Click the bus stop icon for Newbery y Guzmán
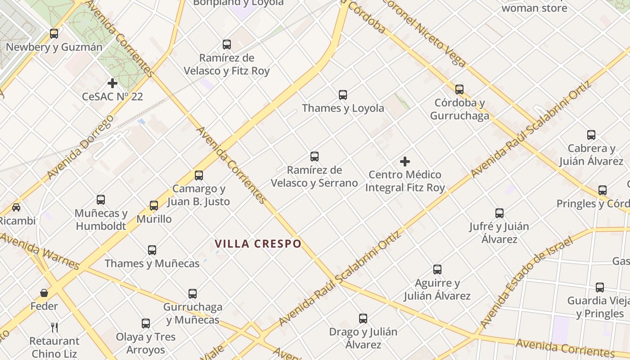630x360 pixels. (54, 33)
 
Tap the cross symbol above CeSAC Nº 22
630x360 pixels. (112, 83)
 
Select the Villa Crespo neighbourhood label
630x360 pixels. (258, 244)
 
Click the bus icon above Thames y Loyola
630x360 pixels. (343, 95)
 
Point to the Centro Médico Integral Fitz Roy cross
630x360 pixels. (405, 162)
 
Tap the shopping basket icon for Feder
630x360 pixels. (44, 293)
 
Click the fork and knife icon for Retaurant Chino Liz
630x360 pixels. (54, 327)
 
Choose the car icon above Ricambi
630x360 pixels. (16, 207)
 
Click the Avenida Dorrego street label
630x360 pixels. (80, 147)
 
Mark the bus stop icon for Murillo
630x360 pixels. (154, 206)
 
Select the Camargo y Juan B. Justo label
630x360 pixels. (199, 195)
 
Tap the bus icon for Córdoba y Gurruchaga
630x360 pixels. (459, 90)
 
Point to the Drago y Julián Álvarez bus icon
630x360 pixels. (363, 319)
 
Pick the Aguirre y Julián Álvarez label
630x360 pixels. (437, 289)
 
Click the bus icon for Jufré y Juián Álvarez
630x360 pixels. (499, 213)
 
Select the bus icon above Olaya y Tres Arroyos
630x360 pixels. (146, 324)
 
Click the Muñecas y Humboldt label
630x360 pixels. (101, 220)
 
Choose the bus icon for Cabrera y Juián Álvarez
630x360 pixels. (591, 135)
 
